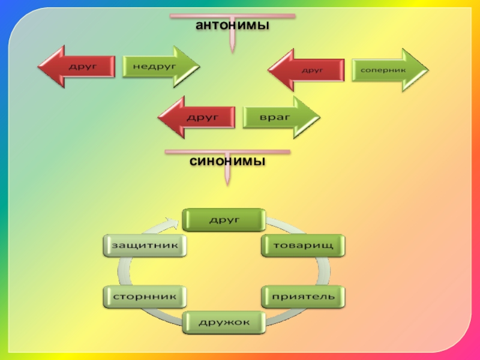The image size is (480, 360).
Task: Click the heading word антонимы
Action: point(232,26)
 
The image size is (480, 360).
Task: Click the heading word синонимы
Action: point(228,162)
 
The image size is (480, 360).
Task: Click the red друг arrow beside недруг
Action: point(78,66)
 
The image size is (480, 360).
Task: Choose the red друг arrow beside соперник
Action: point(307,71)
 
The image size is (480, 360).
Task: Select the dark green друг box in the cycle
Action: point(224,220)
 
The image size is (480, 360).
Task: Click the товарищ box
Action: point(303,245)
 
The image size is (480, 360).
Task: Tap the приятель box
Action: point(303,296)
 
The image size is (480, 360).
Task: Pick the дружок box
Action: point(224,322)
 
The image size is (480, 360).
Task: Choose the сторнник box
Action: point(145,296)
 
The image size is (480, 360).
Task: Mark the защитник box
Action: point(145,245)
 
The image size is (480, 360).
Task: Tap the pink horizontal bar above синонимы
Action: point(227,152)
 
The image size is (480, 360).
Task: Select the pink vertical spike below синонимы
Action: point(228,175)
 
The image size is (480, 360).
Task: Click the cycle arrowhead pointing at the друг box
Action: point(175,222)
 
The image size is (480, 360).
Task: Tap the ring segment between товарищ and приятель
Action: point(325,271)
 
